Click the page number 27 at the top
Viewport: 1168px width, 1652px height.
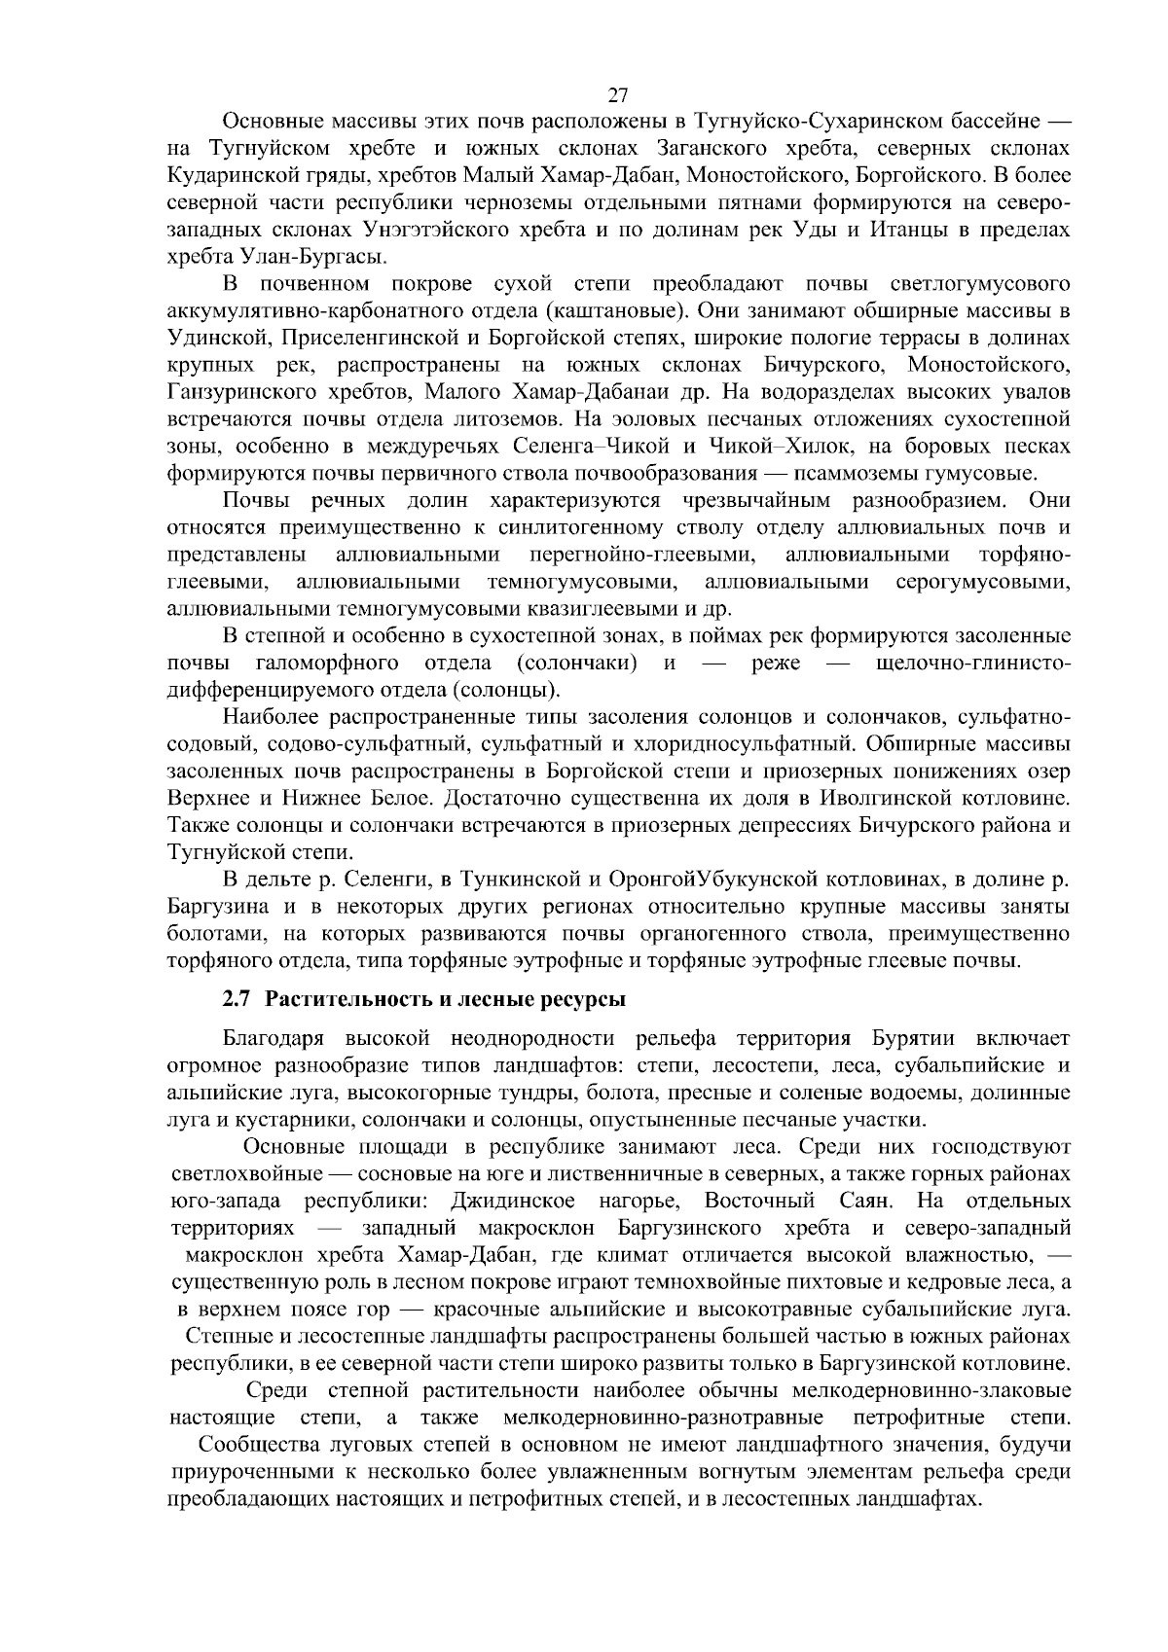[x=617, y=94]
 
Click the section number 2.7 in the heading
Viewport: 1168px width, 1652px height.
[x=239, y=998]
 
